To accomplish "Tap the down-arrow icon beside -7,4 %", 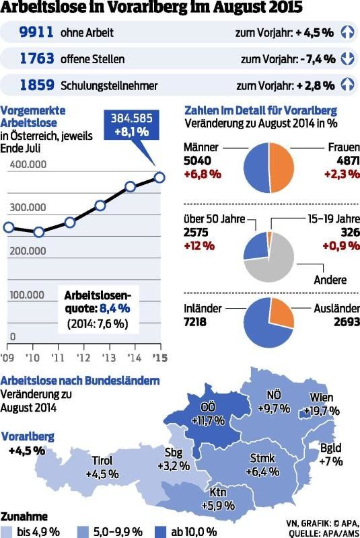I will tap(347, 59).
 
